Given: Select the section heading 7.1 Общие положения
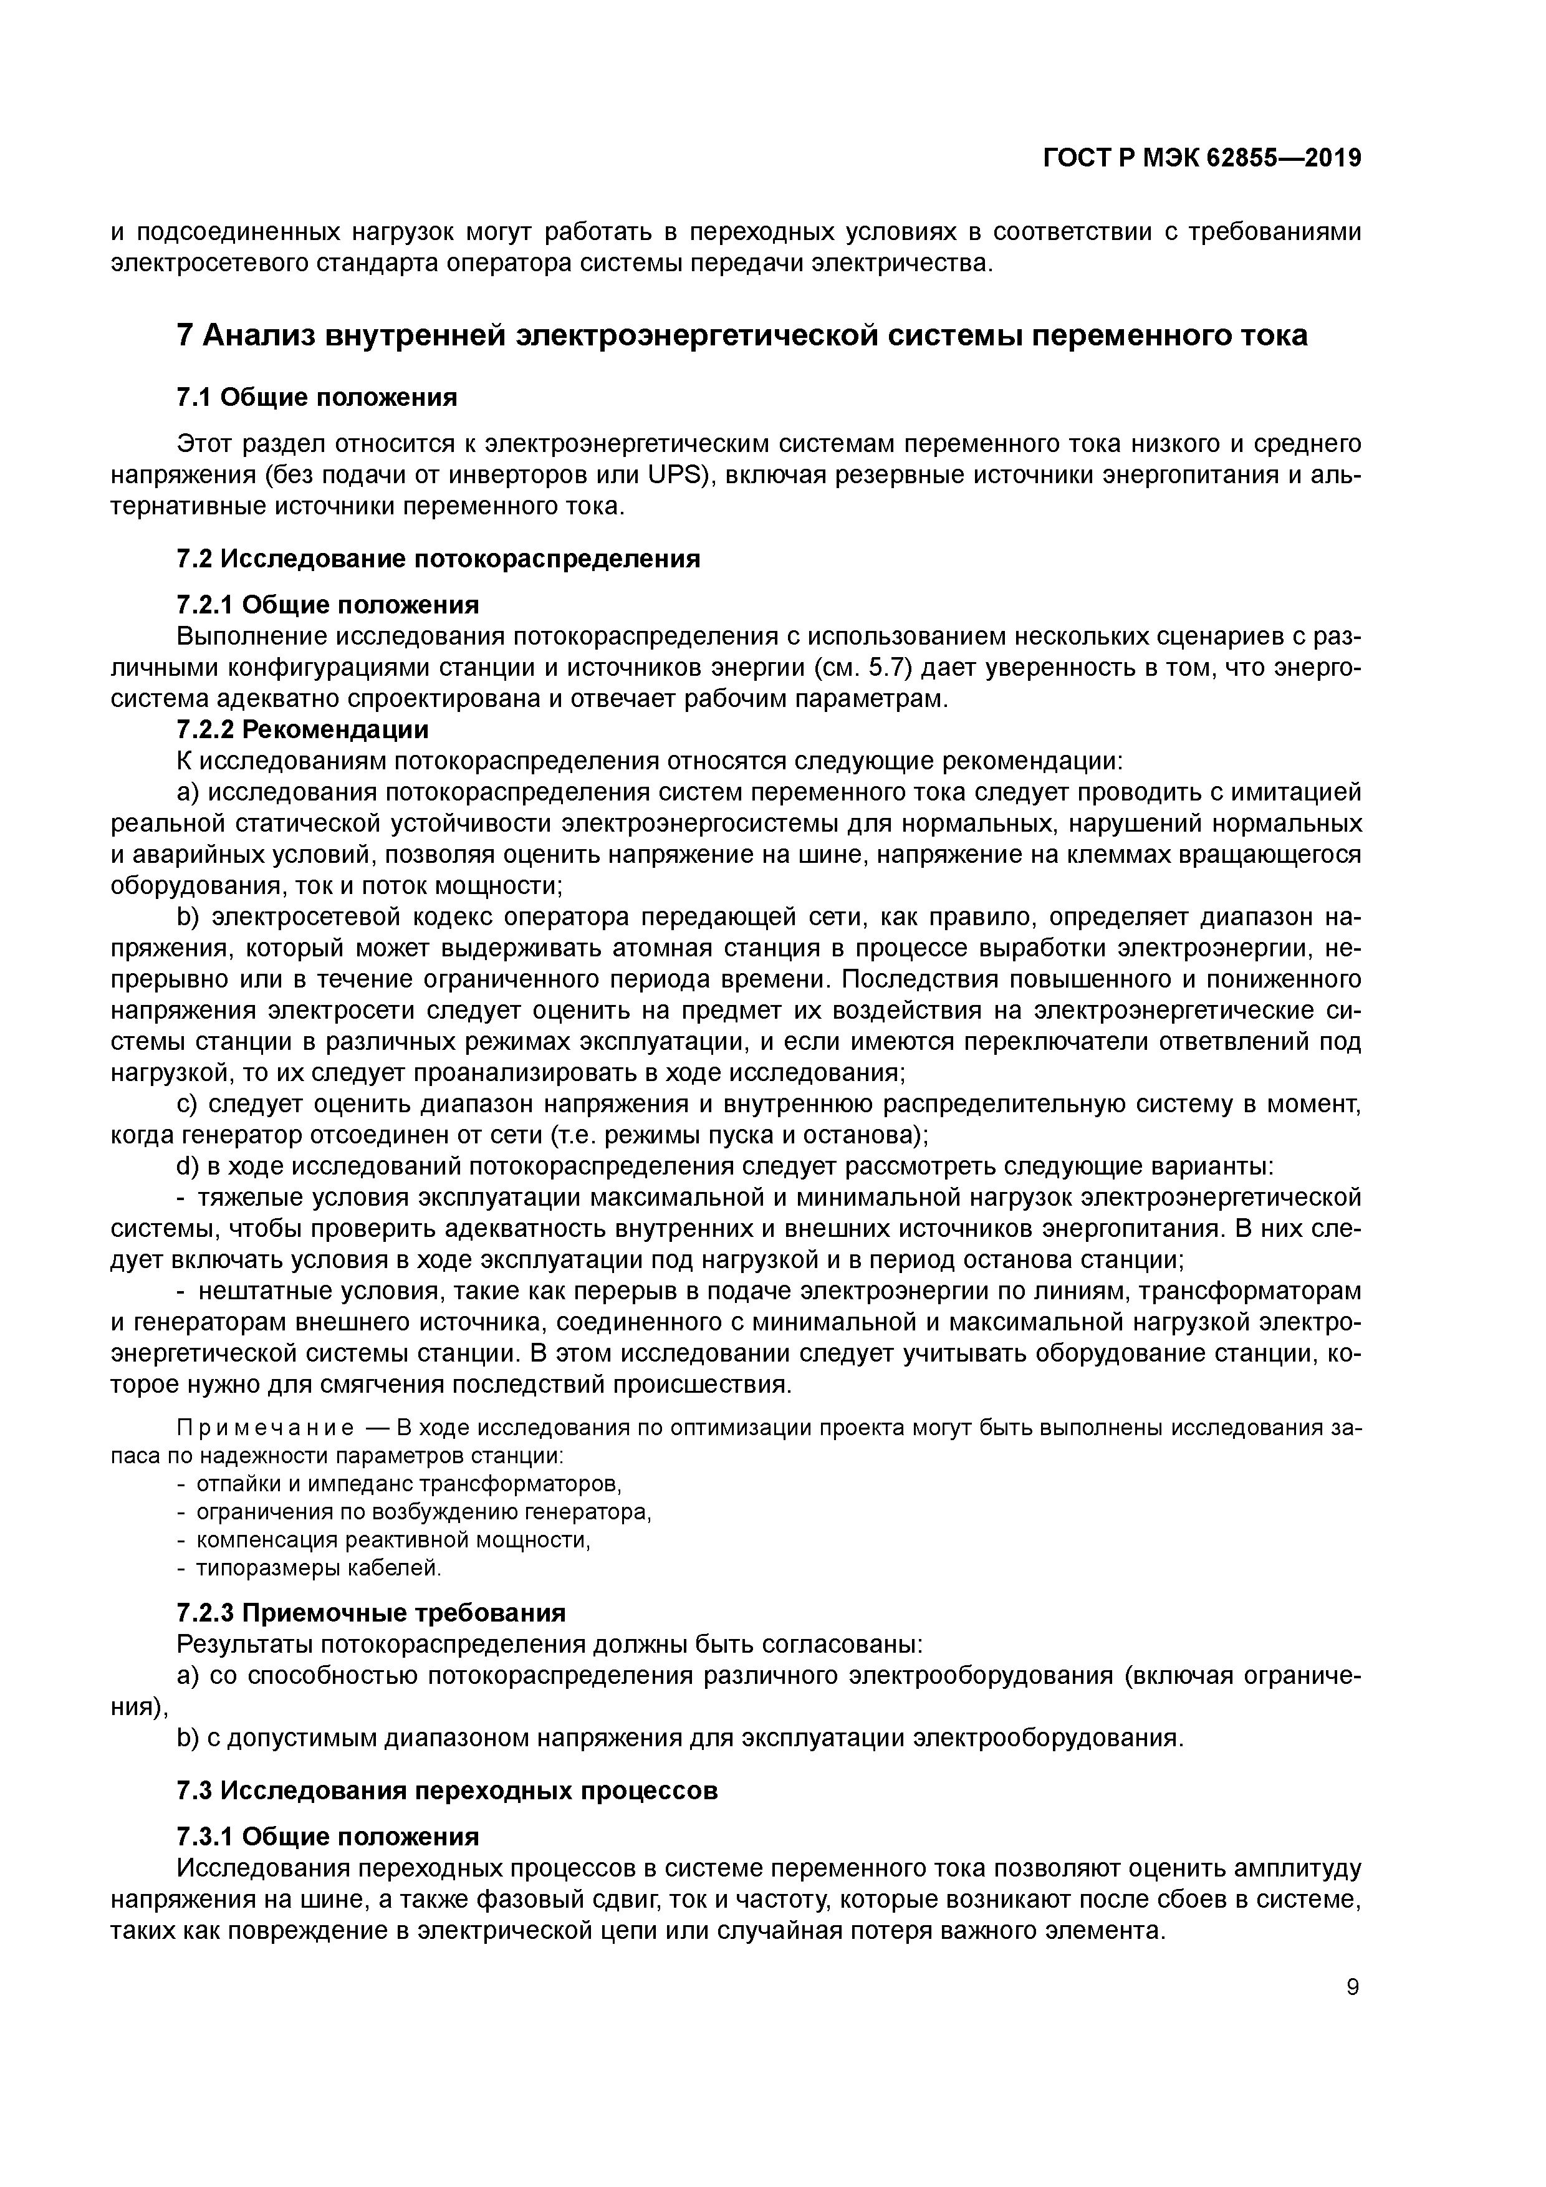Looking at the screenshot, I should click(x=316, y=397).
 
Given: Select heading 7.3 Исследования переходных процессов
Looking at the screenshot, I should click(x=447, y=1790).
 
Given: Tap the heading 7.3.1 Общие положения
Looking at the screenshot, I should click(x=328, y=1835).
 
